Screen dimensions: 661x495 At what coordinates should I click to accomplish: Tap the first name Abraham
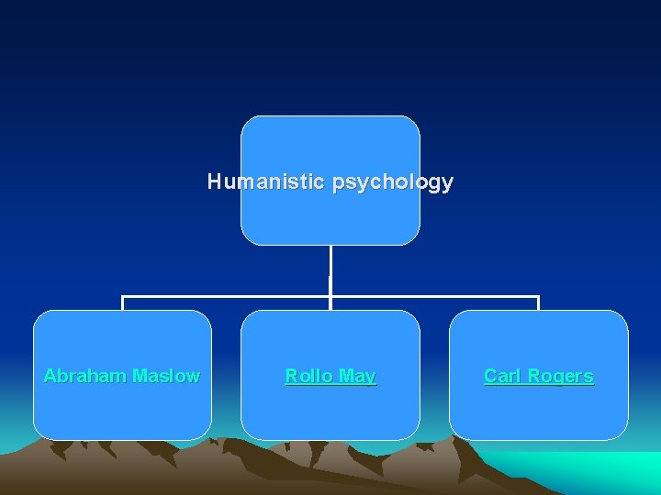[x=85, y=376]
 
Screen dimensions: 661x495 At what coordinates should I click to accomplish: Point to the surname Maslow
[x=166, y=376]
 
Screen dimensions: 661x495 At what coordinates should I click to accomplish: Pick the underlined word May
[x=356, y=376]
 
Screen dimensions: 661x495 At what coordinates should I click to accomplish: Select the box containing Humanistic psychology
[x=330, y=147]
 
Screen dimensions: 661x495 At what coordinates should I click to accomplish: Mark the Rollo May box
[x=330, y=408]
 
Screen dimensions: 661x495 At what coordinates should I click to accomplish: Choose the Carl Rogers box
[x=538, y=408]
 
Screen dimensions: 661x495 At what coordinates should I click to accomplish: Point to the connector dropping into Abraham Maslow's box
[x=123, y=303]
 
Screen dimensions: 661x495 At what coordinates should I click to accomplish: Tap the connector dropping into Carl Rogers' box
[x=538, y=303]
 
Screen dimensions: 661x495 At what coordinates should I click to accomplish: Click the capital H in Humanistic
[x=214, y=181]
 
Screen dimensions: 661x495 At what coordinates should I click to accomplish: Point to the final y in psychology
[x=447, y=183]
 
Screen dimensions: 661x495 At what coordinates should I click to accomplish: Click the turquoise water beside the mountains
[x=606, y=472]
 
